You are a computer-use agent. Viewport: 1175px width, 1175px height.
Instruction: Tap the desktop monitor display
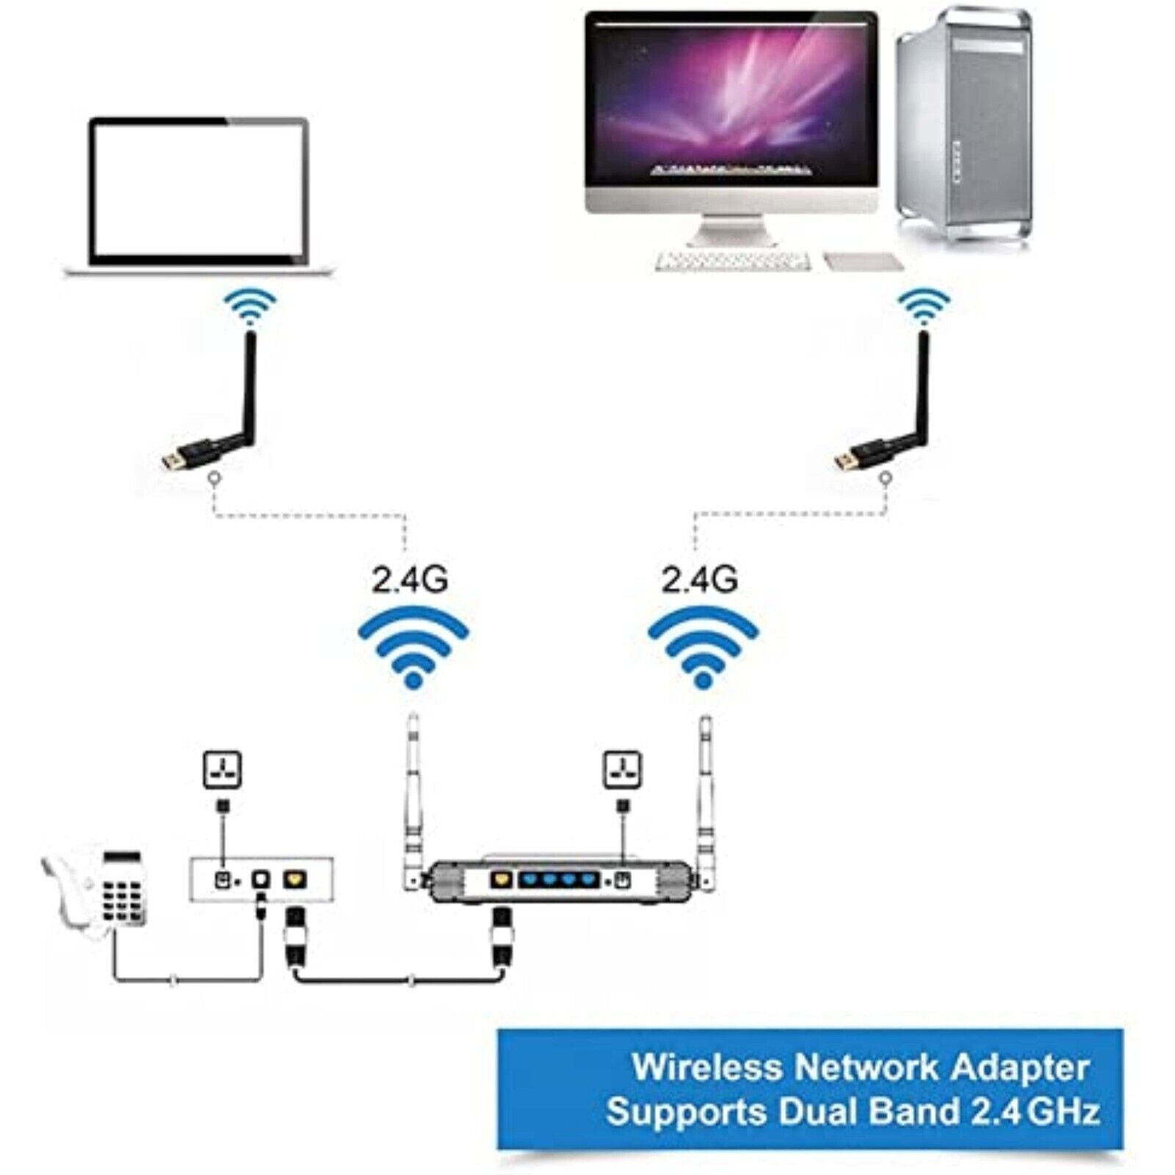(731, 103)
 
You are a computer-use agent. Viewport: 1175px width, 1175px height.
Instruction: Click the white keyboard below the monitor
(732, 261)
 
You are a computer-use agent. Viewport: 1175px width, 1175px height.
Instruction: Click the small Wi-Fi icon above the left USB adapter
(250, 306)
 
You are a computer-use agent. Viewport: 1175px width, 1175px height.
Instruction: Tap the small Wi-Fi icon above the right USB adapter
(924, 306)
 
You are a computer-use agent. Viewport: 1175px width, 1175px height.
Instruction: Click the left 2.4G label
(410, 580)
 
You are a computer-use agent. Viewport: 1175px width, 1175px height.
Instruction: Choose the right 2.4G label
(699, 580)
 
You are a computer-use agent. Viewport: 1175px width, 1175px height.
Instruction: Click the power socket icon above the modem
(222, 770)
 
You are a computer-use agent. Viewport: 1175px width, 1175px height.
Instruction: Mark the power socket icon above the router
(622, 770)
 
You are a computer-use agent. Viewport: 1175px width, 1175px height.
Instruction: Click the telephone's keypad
(121, 897)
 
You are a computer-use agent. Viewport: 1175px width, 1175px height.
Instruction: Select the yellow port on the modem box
(295, 878)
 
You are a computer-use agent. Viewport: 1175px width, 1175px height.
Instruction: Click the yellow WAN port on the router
(501, 878)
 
